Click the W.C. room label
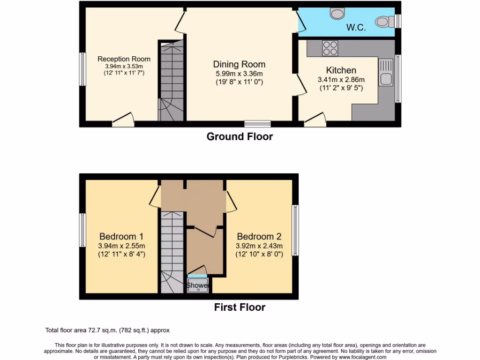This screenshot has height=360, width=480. point(356,28)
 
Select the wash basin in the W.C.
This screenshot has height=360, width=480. point(337,13)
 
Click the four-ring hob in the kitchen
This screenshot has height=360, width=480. point(330,48)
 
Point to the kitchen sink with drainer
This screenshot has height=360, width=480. point(386,73)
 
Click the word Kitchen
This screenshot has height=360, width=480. point(341,70)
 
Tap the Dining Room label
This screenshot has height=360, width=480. point(239,64)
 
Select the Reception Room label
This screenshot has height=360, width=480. point(124,59)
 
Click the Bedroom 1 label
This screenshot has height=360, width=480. point(121,236)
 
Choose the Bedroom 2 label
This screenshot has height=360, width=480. point(259,236)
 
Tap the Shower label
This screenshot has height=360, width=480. point(198,285)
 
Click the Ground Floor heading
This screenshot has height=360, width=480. point(240,136)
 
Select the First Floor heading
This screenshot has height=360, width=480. point(240,307)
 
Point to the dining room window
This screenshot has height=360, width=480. point(257,124)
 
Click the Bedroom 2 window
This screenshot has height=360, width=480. point(295,230)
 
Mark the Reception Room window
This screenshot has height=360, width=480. point(82,69)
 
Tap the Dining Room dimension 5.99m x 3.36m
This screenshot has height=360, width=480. point(239,74)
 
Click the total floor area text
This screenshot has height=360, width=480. point(107,330)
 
